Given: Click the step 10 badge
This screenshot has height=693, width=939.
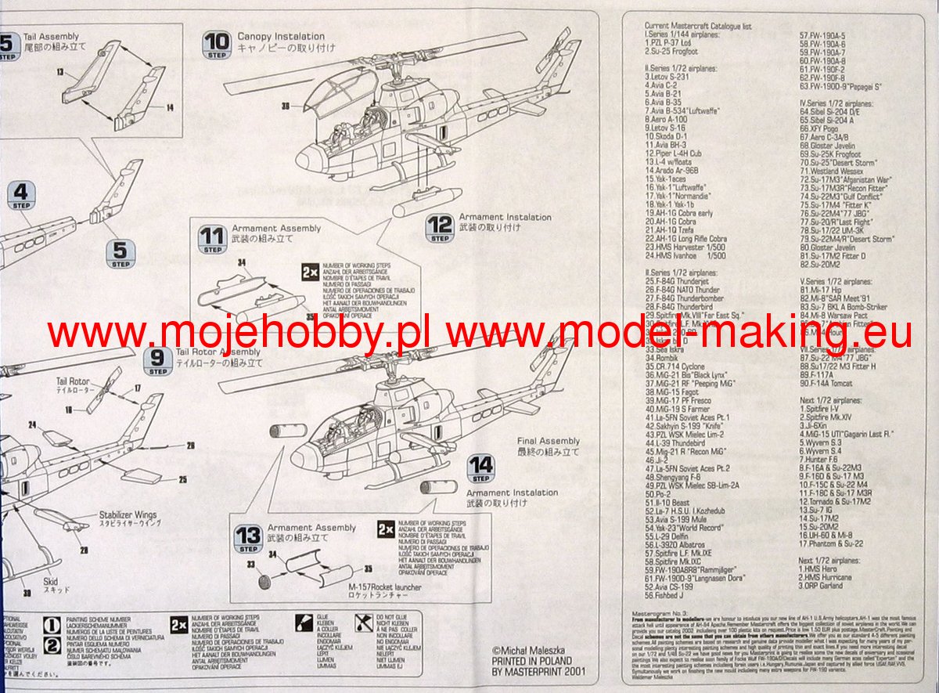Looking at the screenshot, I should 217,44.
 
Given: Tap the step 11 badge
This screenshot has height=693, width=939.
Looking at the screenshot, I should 211,237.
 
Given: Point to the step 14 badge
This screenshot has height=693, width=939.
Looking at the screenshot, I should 480,468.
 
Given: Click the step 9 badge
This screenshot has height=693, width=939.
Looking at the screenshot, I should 159,360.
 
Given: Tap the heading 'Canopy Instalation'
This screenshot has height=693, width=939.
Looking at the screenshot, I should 280,36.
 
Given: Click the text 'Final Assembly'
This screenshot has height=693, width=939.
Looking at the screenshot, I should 548,441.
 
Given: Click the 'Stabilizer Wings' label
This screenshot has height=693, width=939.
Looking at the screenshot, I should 128,515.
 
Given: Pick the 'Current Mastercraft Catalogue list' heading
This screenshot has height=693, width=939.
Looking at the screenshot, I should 698,26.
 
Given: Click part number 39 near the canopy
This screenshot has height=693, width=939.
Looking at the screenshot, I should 286,106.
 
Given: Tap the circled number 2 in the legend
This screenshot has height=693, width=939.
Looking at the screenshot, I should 51,645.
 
